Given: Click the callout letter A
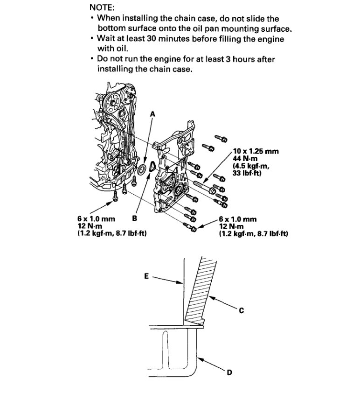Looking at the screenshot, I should (x=153, y=114).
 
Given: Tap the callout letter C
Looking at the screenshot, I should (x=241, y=310).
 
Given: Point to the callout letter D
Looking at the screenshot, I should (x=229, y=372).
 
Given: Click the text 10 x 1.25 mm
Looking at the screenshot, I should (x=256, y=151).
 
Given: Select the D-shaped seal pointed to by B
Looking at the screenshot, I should (x=152, y=167).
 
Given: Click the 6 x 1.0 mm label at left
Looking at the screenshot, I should (x=95, y=218).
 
